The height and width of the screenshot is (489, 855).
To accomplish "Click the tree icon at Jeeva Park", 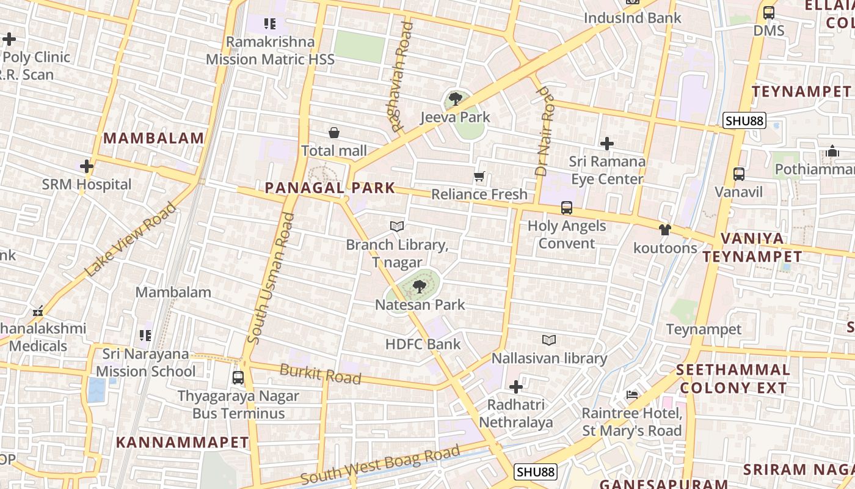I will tap(455, 98).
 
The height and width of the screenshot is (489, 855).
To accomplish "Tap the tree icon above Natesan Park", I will tap(419, 286).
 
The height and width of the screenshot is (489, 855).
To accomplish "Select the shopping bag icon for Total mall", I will tap(334, 133).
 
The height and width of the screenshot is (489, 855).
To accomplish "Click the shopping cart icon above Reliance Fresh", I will tap(479, 177).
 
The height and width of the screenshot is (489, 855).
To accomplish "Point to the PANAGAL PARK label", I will tap(330, 188).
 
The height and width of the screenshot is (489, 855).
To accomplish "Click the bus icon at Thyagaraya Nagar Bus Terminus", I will tap(238, 378).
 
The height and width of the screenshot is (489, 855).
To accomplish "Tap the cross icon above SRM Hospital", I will tap(87, 166).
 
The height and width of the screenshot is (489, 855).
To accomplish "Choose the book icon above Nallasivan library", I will tap(549, 340).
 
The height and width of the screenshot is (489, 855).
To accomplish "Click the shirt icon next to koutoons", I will tap(664, 230).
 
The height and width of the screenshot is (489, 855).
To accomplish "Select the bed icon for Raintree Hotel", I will tap(632, 395).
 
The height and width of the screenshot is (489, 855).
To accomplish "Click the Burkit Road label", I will tap(320, 374).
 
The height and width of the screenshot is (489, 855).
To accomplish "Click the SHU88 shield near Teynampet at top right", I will tap(744, 121).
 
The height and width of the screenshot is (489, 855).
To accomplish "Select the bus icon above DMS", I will tap(769, 12).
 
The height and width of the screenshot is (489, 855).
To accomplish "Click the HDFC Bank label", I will tap(423, 344).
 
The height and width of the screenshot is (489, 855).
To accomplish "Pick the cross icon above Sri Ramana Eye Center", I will tap(606, 144).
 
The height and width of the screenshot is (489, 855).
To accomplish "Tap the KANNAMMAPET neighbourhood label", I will tap(183, 443).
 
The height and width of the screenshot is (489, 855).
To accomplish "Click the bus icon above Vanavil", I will tap(739, 174).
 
